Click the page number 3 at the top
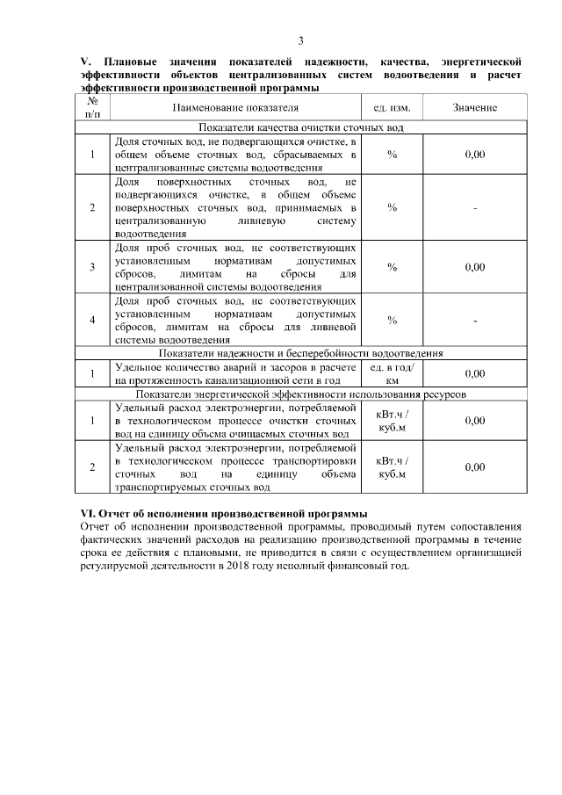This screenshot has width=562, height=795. pos(300,40)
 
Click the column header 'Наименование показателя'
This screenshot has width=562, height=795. pos(235,107)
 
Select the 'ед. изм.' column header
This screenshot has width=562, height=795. pos(392,107)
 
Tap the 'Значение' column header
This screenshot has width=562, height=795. pos(474,107)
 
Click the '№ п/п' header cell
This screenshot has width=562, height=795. pos(93,107)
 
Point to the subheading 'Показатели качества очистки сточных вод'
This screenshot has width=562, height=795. pos(301,127)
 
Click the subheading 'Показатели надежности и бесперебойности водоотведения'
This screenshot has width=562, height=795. pos(301,353)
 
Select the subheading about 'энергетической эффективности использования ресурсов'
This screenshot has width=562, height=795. pos(301,395)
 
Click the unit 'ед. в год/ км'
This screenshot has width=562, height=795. pos(392,374)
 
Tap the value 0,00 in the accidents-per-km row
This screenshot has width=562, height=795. pos(474,374)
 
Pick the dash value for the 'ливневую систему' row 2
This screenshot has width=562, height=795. pos(474,208)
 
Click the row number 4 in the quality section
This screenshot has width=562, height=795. pos(93,320)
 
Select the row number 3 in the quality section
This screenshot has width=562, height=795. pos(93,267)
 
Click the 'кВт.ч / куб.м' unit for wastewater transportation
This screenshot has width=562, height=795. pos(392,467)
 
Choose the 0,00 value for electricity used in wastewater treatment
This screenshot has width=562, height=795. pos(474,421)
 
